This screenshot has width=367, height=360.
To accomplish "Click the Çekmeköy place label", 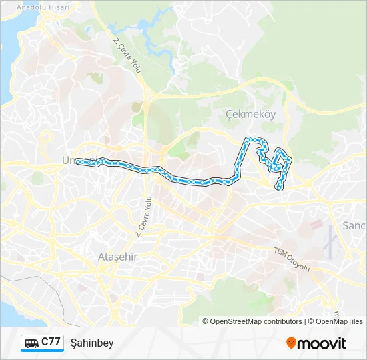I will (x=250, y=114).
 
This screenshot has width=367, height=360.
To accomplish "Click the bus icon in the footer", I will (x=31, y=343).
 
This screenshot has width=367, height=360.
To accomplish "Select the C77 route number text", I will (x=51, y=342).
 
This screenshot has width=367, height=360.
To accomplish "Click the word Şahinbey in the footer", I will (x=92, y=343).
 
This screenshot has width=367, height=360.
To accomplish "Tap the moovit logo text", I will (x=323, y=343).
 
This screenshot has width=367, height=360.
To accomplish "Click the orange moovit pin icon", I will (x=291, y=343).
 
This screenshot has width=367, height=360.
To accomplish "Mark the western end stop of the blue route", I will (x=77, y=161).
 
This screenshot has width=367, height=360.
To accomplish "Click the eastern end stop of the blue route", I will (x=279, y=188).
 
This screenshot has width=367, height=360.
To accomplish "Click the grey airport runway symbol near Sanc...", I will (x=329, y=243).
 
